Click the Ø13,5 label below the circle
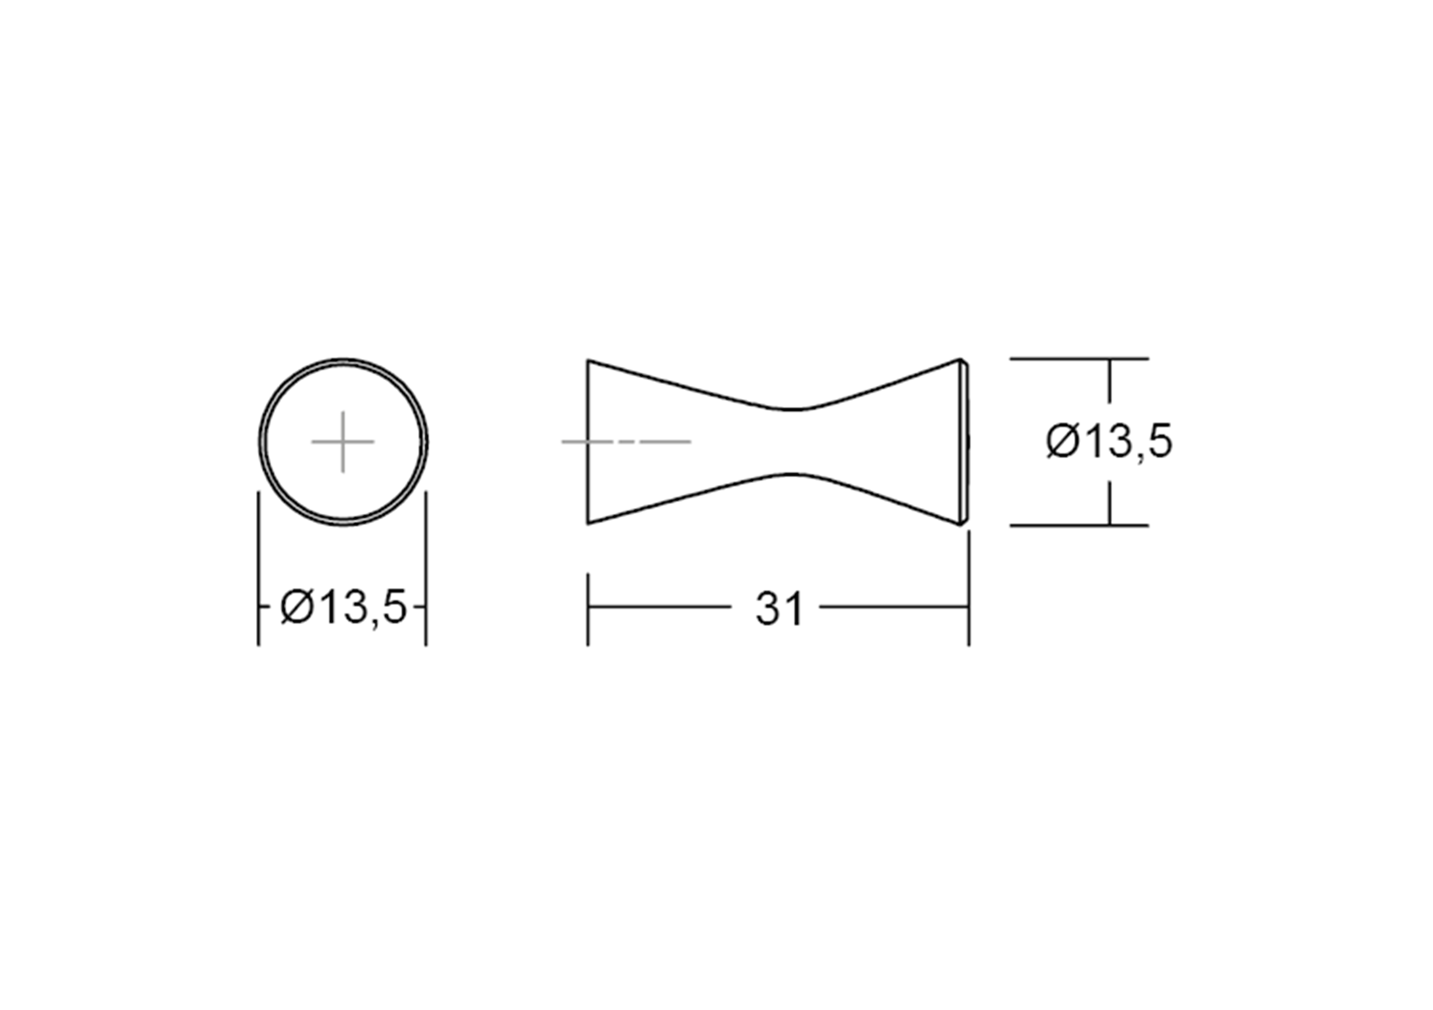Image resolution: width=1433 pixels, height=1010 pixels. [x=343, y=607]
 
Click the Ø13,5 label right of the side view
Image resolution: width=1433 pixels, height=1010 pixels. [x=1109, y=442]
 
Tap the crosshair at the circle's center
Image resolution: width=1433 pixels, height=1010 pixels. [x=343, y=442]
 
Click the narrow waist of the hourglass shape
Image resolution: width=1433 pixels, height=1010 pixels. [x=792, y=442]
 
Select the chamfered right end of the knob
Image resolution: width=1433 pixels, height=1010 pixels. [x=965, y=442]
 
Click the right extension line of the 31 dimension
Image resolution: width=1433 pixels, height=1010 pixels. [x=968, y=593]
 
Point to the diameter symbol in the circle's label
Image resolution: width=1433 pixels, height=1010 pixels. [x=296, y=607]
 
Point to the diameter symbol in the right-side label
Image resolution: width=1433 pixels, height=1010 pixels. [x=1062, y=442]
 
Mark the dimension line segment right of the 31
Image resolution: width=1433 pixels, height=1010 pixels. [x=893, y=606]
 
